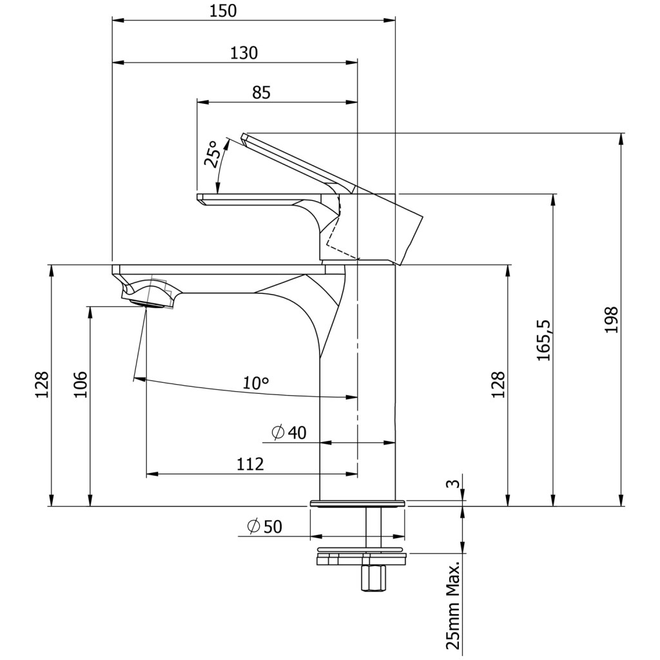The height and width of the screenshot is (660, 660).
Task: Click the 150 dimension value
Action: pos(223,11)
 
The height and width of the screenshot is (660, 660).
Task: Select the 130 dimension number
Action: pos(244,53)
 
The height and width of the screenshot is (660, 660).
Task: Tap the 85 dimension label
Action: pos(262,92)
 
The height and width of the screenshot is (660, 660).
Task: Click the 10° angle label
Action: pos(256,383)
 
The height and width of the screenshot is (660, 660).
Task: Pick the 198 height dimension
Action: pos(611,320)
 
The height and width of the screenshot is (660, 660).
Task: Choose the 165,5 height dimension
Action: pos(543,340)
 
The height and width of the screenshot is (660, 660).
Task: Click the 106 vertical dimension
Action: pos(80,384)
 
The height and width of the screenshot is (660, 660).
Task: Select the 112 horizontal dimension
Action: pos(250,464)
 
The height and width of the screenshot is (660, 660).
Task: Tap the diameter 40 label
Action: pos(289,432)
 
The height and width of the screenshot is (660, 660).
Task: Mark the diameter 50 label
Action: pos(265,527)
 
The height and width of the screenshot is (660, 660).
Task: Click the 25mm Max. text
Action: pos(454,607)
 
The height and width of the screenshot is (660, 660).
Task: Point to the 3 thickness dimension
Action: pos(452,483)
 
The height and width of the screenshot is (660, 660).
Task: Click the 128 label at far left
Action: pos(42,384)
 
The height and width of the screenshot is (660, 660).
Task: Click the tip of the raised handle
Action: pos(244,136)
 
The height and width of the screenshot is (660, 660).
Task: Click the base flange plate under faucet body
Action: pos(357,503)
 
